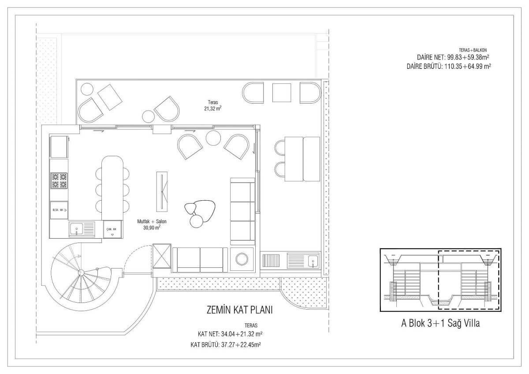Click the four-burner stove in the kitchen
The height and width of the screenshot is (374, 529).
(59, 180)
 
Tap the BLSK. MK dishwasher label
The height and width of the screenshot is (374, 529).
(58, 210)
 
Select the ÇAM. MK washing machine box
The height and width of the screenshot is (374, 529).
(113, 229)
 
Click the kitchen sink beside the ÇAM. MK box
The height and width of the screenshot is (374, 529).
(82, 229)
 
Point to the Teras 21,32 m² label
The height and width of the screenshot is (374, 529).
(213, 105)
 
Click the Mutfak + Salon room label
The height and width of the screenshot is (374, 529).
(152, 224)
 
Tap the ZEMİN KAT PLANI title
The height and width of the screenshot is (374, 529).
(239, 310)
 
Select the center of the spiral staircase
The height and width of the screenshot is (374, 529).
(81, 272)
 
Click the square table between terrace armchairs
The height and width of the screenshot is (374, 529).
(282, 93)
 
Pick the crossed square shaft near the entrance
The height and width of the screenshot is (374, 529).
(162, 256)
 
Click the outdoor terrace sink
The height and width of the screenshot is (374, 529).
(303, 261)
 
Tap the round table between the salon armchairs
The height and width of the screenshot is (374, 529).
(213, 138)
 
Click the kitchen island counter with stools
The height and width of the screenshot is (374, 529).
(112, 188)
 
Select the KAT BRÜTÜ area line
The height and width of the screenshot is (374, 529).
(226, 345)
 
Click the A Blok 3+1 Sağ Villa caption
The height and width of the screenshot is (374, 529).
(440, 323)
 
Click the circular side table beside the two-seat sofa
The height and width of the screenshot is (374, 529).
(242, 259)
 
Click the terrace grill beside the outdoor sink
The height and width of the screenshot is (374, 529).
(271, 261)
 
